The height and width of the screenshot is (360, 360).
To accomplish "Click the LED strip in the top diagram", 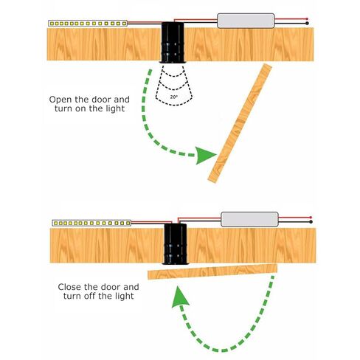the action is [88, 24].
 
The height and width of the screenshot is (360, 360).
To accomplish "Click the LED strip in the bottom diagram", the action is [91, 223].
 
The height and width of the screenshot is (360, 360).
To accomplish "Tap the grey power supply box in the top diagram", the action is [246, 21].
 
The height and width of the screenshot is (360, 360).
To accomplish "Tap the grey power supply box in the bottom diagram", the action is [249, 219].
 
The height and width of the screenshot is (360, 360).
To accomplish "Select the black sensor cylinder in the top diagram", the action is [173, 43].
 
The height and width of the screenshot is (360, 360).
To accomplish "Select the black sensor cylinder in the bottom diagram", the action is [176, 244].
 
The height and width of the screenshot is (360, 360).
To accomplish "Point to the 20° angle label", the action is [173, 97].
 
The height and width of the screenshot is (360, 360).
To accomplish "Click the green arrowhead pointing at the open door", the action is [205, 155].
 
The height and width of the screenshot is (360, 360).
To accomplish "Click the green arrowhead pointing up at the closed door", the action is [180, 297].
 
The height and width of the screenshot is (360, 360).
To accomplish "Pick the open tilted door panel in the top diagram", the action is [240, 123].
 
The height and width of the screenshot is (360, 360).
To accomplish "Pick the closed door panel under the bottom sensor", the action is [212, 271].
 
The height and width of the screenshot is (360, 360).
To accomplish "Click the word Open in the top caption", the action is [60, 100].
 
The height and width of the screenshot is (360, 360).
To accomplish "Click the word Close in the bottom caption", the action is [70, 287].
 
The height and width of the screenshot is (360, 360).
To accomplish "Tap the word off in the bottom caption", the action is [91, 296].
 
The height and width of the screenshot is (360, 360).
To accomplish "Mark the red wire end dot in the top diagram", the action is [307, 19].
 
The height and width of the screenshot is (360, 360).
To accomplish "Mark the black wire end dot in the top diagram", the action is [307, 24].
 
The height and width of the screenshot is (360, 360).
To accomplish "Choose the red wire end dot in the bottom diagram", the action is [311, 218].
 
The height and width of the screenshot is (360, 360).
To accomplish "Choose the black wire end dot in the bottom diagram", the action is [311, 222].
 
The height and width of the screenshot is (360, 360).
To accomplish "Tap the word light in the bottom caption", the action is [125, 296].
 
